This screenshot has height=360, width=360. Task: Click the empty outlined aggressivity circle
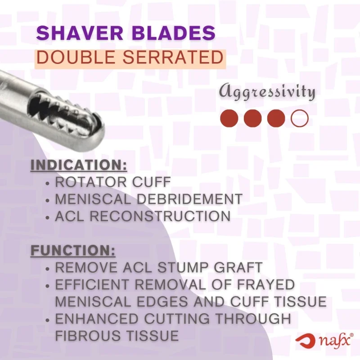pyautogui.click(x=299, y=118)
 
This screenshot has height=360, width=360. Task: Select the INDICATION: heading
pyautogui.click(x=79, y=165)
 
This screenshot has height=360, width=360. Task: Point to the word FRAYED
pyautogui.click(x=263, y=284)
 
